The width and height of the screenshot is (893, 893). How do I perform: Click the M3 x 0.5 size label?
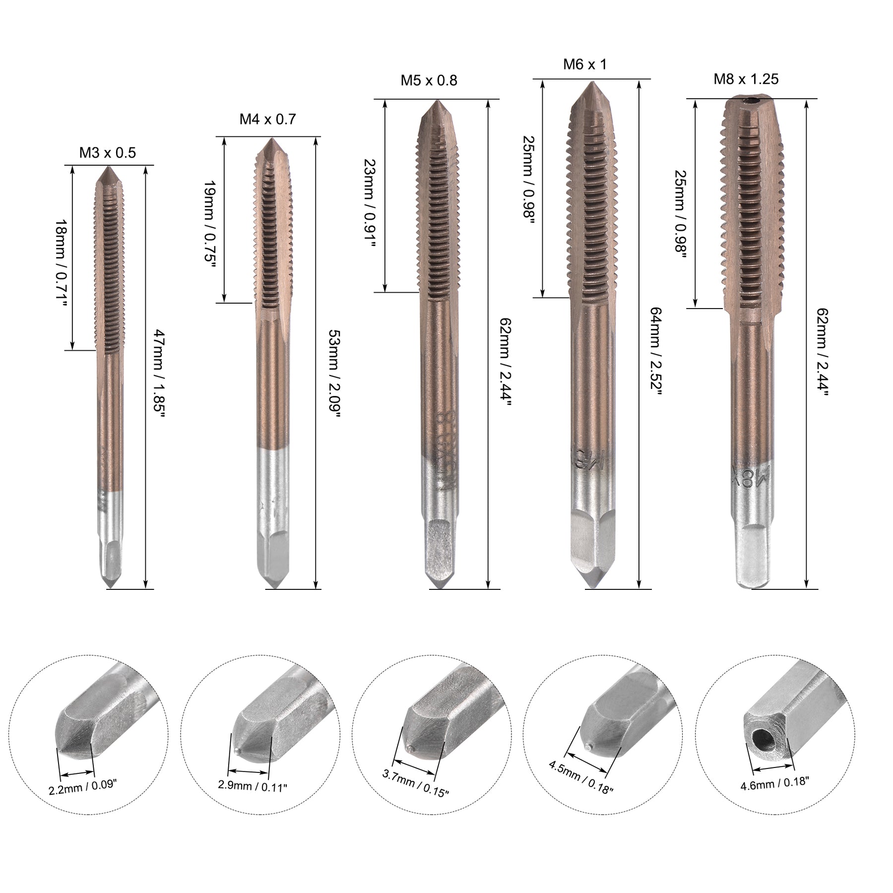pyautogui.click(x=108, y=152)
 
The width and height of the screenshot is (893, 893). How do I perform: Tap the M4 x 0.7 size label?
pyautogui.click(x=268, y=119)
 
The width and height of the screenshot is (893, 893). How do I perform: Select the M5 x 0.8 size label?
pyautogui.click(x=429, y=80)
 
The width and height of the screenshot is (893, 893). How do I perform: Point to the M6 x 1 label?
pyautogui.click(x=585, y=64)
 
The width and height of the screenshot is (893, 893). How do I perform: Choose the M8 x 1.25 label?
pyautogui.click(x=746, y=79)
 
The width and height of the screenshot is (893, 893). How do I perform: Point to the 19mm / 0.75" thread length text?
pyautogui.click(x=210, y=224)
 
